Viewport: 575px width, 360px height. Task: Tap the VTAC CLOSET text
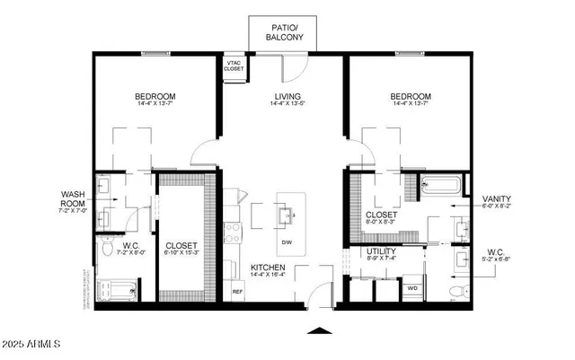click(233, 66)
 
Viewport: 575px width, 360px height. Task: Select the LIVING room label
click(287, 96)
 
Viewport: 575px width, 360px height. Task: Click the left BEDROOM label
click(155, 96)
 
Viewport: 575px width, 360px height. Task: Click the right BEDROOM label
click(411, 96)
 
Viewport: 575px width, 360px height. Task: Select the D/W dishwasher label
click(287, 243)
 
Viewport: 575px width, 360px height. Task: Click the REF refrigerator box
click(237, 292)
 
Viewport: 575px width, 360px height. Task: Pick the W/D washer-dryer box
click(413, 288)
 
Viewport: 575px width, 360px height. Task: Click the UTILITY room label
click(382, 252)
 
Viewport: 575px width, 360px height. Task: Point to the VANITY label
click(497, 199)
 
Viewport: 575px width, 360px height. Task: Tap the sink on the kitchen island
click(287, 215)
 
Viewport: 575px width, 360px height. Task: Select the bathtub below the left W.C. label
click(118, 290)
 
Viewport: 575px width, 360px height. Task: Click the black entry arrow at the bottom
click(318, 332)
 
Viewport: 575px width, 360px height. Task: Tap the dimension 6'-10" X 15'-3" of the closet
click(181, 253)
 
